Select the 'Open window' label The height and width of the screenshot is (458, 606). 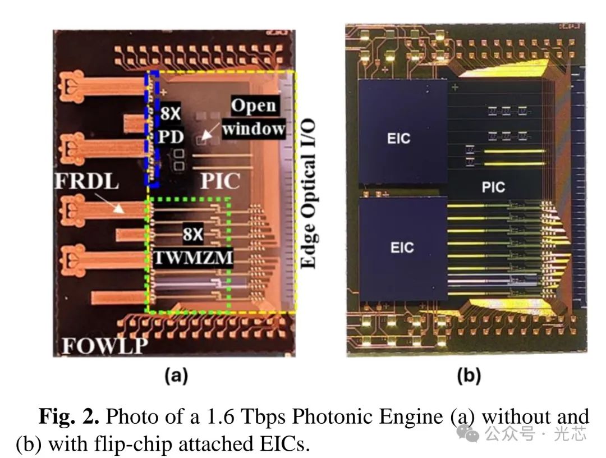pos(254,118)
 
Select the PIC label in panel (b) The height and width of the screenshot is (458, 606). pos(493,187)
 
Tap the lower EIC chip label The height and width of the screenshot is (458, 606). pos(402,247)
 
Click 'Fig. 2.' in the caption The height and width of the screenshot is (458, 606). pos(68,417)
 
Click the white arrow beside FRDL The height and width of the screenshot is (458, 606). pos(118,207)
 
